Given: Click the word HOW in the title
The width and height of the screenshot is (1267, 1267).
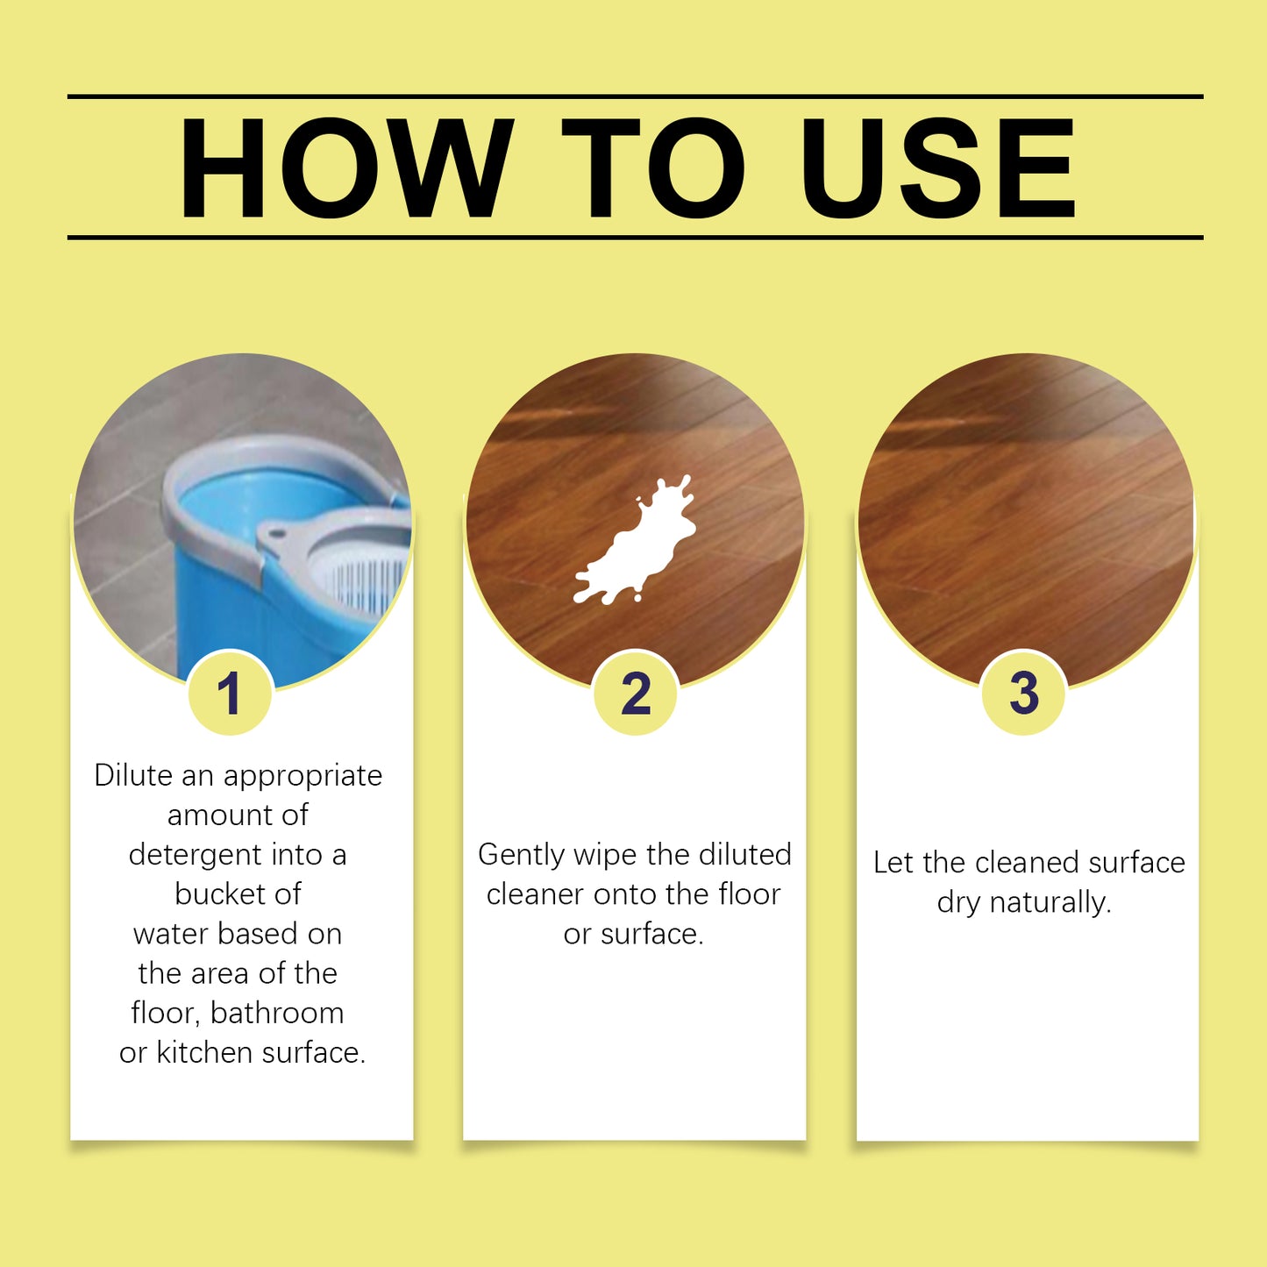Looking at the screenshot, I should [345, 167].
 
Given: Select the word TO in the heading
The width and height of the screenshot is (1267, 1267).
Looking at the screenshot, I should [653, 167].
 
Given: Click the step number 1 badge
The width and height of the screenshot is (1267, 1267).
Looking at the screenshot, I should [230, 694].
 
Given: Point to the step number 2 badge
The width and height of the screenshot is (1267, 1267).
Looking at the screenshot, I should [636, 694].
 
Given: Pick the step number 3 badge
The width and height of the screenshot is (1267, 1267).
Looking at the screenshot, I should [1023, 694].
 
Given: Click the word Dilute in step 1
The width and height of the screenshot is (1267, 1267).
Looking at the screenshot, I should [133, 775].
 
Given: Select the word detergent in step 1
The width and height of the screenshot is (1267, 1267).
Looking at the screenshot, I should [195, 854].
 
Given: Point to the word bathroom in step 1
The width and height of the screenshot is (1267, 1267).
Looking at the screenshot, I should [277, 1013].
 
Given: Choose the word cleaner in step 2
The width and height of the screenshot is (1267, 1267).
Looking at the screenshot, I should [535, 894].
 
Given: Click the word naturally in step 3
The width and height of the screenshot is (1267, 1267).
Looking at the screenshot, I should [1050, 902].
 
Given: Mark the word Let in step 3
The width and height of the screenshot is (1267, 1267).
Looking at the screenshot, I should [893, 863].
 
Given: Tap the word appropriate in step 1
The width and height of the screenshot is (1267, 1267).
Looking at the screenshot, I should [303, 777].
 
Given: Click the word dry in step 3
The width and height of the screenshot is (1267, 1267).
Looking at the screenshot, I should [957, 903].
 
